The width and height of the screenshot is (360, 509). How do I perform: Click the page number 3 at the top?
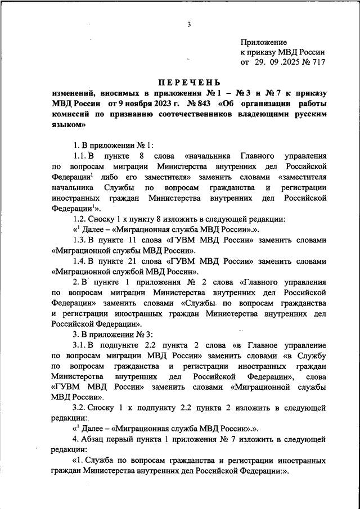(190, 24)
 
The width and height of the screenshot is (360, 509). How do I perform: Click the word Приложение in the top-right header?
(264, 42)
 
